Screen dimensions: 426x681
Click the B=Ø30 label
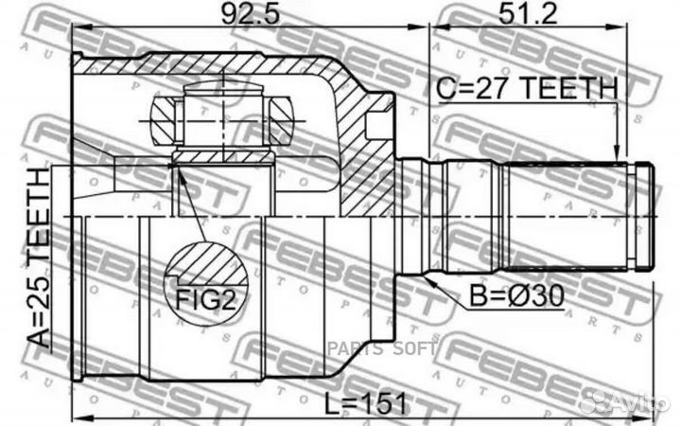[515, 296]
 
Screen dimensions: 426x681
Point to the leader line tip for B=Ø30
[428, 281]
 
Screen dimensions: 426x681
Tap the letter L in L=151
[330, 403]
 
